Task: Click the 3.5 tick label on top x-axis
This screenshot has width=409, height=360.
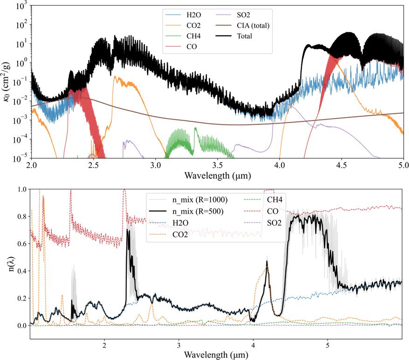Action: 217,166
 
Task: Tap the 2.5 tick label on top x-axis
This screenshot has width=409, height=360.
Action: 93,166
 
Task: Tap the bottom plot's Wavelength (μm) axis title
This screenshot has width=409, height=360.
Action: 215,355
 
